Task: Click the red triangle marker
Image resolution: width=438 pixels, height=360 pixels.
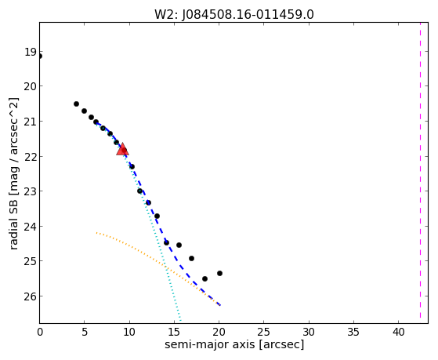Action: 123,149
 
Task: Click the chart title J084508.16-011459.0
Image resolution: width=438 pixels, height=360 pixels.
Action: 248,15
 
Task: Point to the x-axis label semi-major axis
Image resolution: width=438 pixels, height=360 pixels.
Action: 209,344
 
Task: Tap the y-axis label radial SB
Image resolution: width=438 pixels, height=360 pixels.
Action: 13,224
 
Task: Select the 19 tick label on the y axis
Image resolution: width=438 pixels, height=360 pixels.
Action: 31,52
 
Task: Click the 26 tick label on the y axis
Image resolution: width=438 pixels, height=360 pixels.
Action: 31,296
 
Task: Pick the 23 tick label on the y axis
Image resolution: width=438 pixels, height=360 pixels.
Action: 31,191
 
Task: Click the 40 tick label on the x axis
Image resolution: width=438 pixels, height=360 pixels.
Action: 398,332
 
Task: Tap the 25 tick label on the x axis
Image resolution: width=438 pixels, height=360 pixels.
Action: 264,332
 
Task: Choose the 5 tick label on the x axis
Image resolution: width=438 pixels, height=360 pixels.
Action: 85,332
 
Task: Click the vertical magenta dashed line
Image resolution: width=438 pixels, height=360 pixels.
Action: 420,170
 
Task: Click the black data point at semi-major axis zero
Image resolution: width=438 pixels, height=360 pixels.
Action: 40,56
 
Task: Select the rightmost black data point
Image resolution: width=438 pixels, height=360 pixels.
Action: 220,273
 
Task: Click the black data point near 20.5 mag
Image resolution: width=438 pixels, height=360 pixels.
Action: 76,104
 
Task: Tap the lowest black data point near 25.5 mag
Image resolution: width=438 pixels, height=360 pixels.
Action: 205,279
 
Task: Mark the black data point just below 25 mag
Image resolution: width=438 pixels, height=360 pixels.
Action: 191,259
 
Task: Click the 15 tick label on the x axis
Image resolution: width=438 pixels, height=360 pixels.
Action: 174,332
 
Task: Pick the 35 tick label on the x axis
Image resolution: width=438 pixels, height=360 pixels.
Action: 353,332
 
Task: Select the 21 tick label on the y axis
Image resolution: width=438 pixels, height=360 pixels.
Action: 31,122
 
